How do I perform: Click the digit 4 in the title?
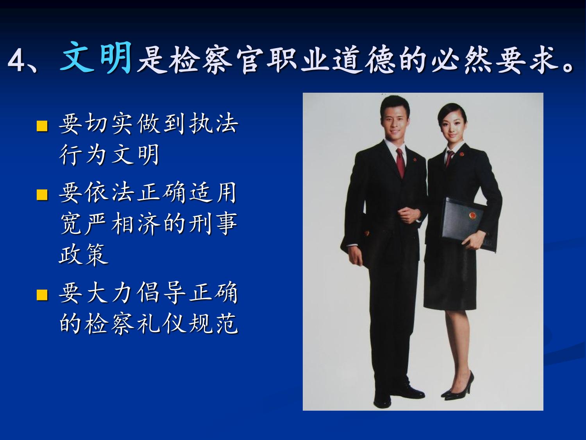16,61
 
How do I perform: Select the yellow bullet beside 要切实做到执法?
42,126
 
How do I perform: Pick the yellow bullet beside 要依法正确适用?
42,194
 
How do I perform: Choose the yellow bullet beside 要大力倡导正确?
42,295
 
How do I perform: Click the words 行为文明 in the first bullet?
109,154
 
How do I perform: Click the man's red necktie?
400,163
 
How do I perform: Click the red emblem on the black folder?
473,215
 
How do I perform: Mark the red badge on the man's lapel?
415,160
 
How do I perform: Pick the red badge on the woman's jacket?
462,154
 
